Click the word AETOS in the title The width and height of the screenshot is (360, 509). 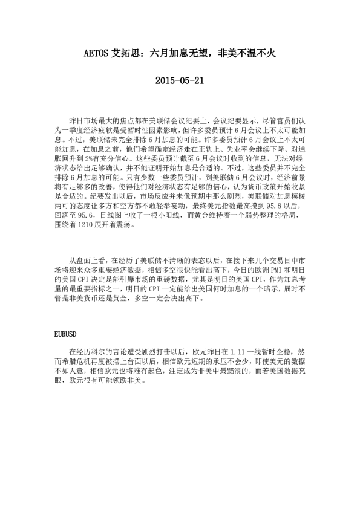point(96,54)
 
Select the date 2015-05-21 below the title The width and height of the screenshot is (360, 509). point(180,80)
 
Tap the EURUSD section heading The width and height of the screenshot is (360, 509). point(64,333)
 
